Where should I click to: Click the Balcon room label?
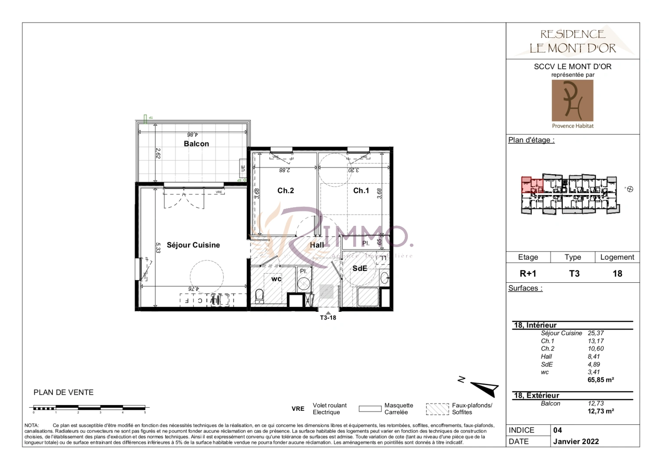(x=196, y=144)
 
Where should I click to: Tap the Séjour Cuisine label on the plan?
(x=193, y=245)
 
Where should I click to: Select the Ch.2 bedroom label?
(x=285, y=191)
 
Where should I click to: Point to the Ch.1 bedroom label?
(x=361, y=191)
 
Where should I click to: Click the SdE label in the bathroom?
(x=360, y=268)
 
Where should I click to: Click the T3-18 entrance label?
(x=328, y=317)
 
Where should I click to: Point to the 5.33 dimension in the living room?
(x=158, y=248)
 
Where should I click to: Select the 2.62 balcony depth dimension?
(x=158, y=153)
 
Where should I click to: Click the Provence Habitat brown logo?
(x=572, y=101)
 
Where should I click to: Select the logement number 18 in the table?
(x=617, y=274)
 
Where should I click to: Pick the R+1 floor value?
(x=528, y=274)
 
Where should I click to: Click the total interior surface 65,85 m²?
(x=600, y=380)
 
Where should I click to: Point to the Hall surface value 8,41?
(x=593, y=357)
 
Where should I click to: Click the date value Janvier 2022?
(x=576, y=441)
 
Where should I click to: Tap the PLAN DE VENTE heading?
(x=63, y=392)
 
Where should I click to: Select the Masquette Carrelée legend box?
(x=370, y=409)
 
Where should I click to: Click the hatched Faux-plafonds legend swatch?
(x=437, y=409)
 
